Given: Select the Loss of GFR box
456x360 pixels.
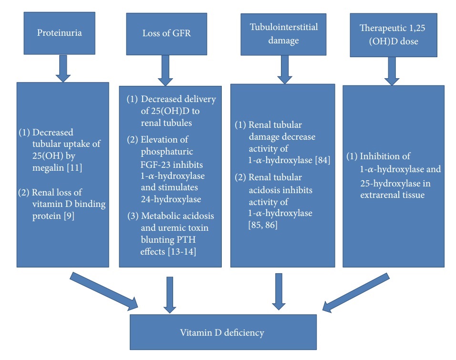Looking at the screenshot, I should [x=166, y=33].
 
